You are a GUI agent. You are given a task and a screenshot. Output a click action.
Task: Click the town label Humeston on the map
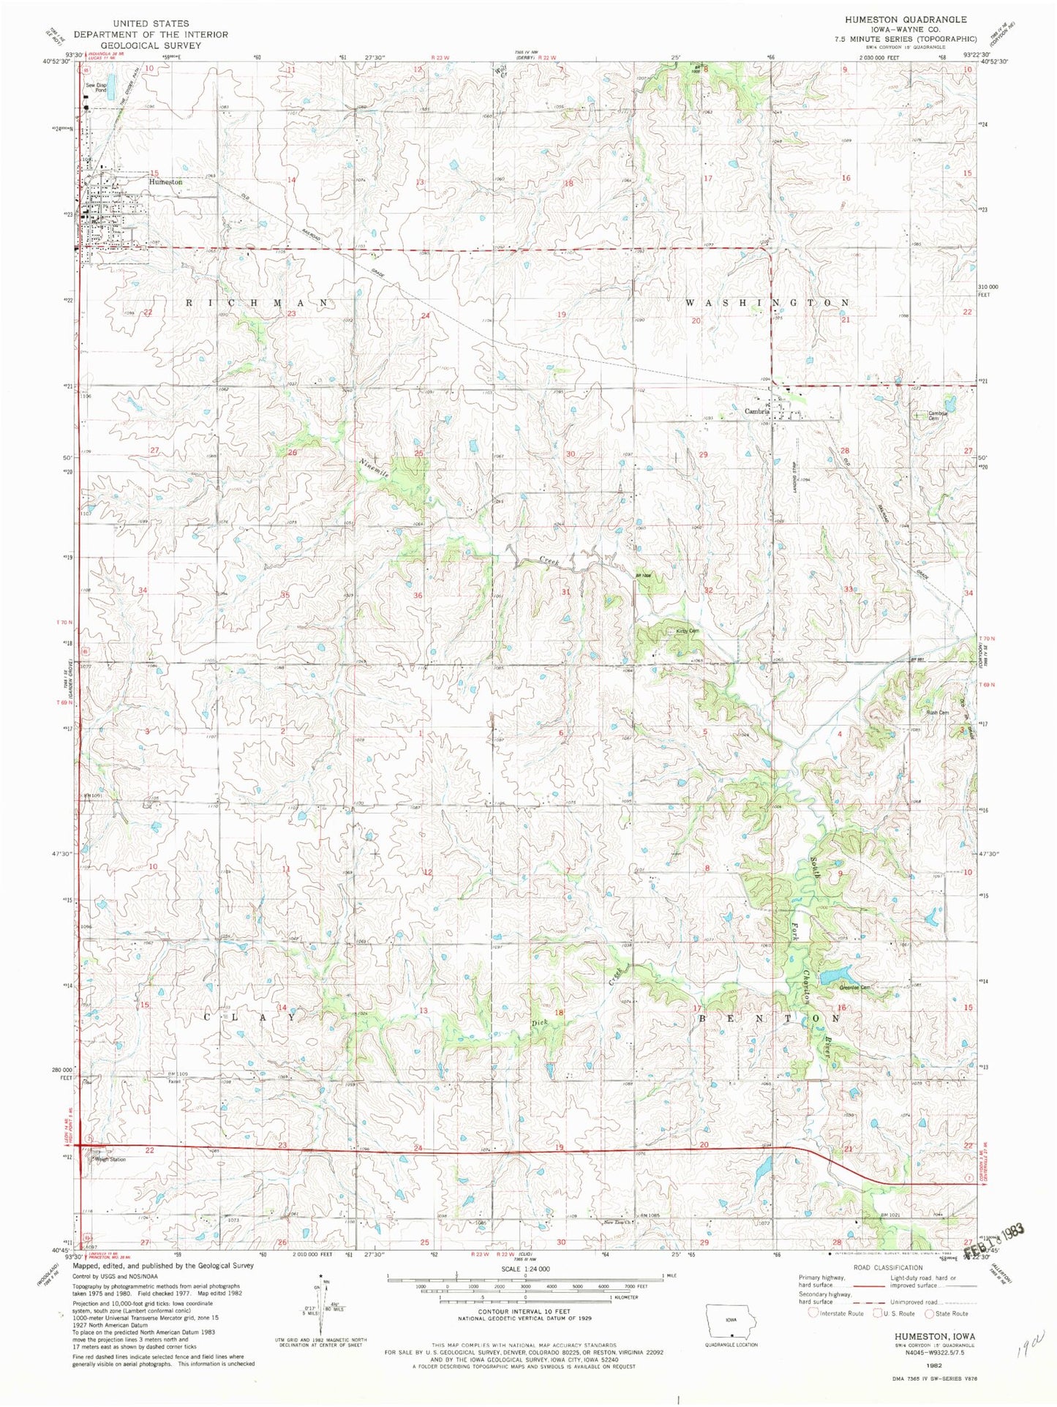click(x=165, y=181)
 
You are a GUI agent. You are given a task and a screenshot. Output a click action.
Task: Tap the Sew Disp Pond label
click(x=96, y=87)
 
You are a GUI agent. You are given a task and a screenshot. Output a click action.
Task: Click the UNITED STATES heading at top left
click(x=151, y=24)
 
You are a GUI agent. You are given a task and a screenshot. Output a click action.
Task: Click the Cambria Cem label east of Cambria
click(x=938, y=415)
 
